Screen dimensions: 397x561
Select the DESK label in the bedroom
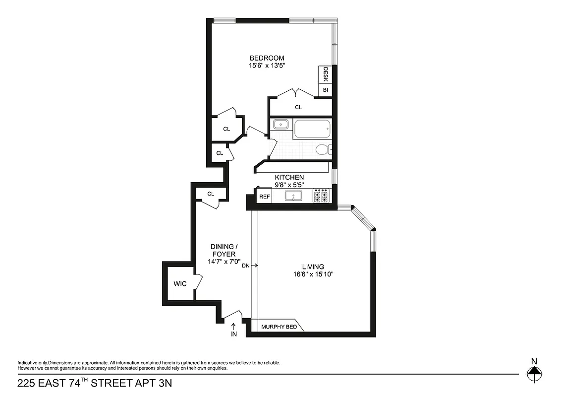326,74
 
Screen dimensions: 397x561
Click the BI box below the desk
326,90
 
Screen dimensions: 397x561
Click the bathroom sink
281,125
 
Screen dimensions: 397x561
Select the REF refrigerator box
264,197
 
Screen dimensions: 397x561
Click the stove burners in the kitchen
321,196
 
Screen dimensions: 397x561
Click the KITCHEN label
289,177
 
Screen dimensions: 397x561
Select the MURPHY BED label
279,327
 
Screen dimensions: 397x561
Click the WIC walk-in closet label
179,284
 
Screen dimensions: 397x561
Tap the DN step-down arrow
250,266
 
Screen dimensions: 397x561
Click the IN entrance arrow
233,331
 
